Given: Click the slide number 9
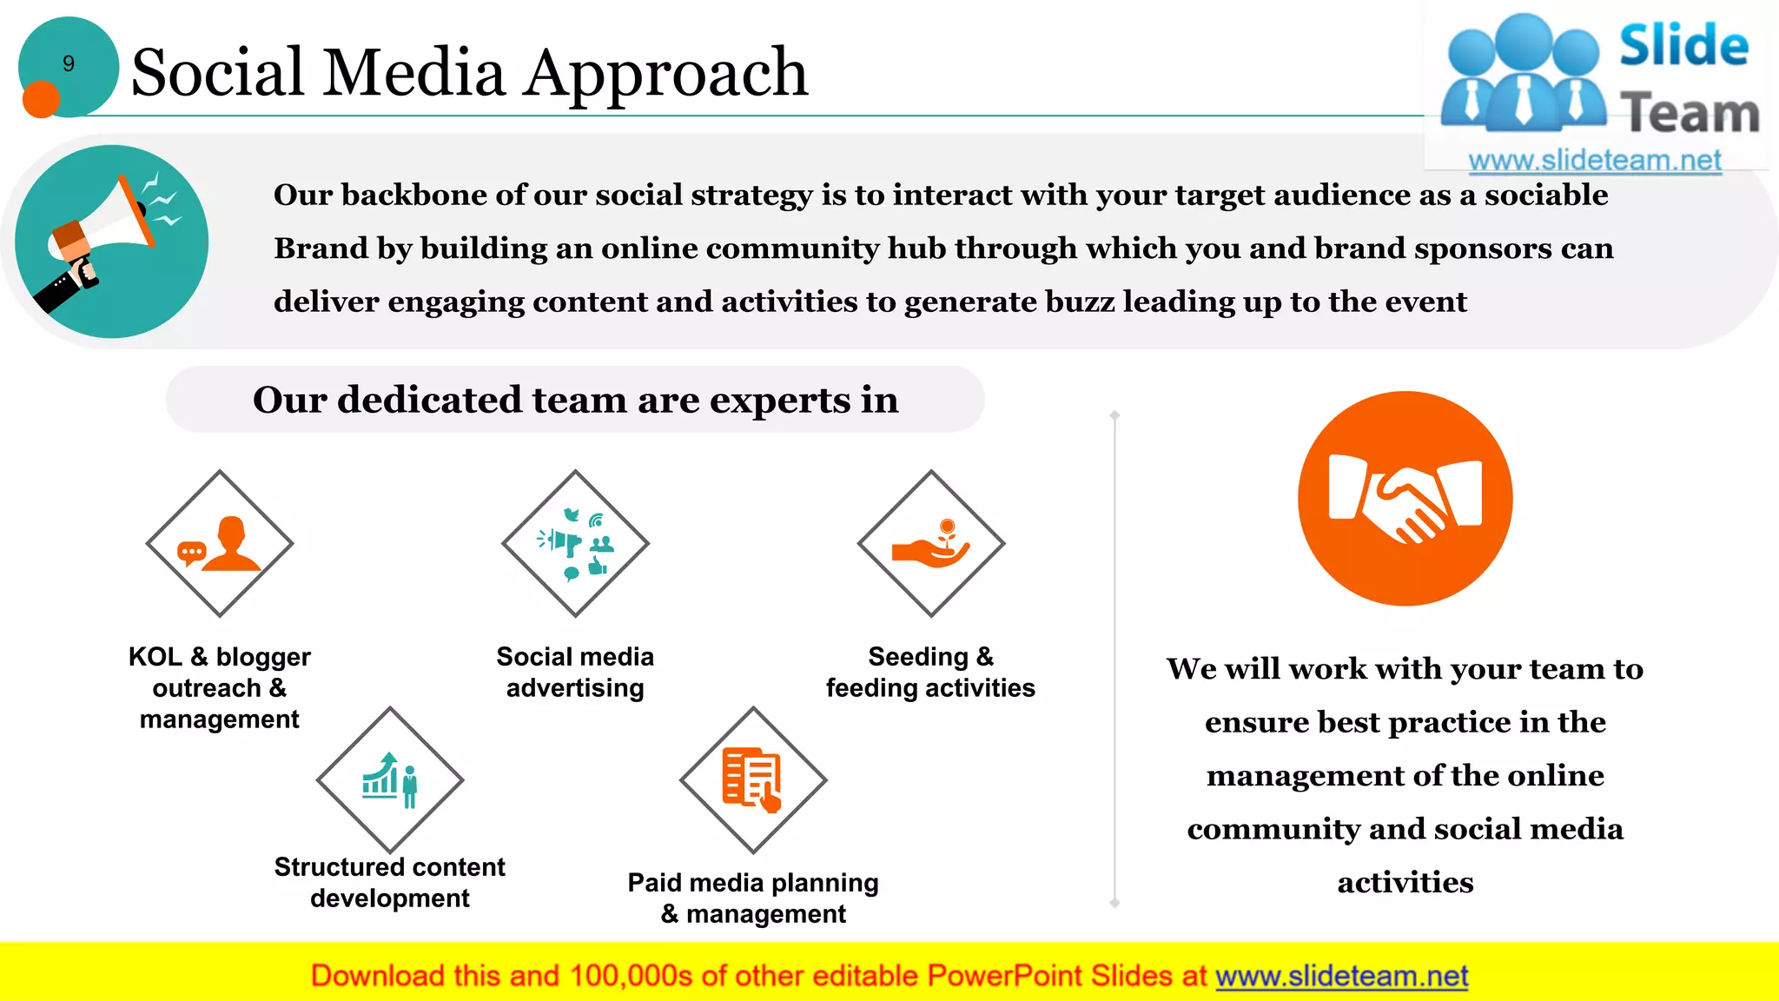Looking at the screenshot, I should click(69, 63).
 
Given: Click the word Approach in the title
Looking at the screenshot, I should click(666, 72).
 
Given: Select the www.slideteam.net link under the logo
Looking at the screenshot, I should click(1594, 160).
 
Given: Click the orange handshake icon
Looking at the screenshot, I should click(1405, 499).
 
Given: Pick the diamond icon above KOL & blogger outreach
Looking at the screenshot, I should click(220, 544).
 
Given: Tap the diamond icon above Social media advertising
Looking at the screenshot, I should click(575, 544).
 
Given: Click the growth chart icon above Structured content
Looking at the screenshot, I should click(390, 779).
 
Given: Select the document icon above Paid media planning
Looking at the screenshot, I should click(753, 779).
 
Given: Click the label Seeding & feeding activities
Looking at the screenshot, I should click(930, 672).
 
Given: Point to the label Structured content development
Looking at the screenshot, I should click(390, 882).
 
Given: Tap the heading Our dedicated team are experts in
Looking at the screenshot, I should click(575, 400).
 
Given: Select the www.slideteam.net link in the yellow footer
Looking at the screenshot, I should click(1341, 976).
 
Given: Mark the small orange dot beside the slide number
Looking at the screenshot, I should click(40, 99).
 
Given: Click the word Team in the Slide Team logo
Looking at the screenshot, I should click(1690, 114).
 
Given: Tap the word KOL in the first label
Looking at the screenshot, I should click(155, 656).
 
